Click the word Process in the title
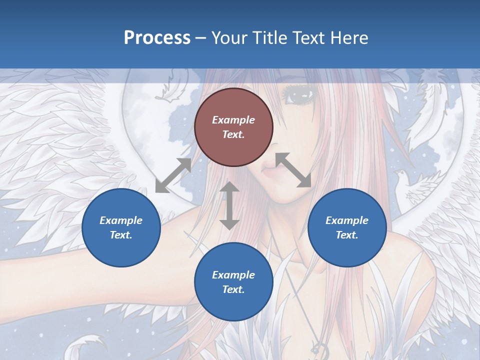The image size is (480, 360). pyautogui.click(x=157, y=38)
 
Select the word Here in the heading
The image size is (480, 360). pyautogui.click(x=348, y=38)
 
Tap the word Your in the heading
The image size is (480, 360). pyautogui.click(x=230, y=38)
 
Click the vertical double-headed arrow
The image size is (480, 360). pyautogui.click(x=229, y=205)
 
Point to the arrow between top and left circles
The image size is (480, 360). pyautogui.click(x=173, y=175)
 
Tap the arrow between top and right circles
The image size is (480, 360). pyautogui.click(x=293, y=170)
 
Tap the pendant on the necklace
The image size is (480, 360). pyautogui.click(x=318, y=346)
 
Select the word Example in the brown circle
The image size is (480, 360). pyautogui.click(x=233, y=120)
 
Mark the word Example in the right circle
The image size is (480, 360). pyautogui.click(x=347, y=220)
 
